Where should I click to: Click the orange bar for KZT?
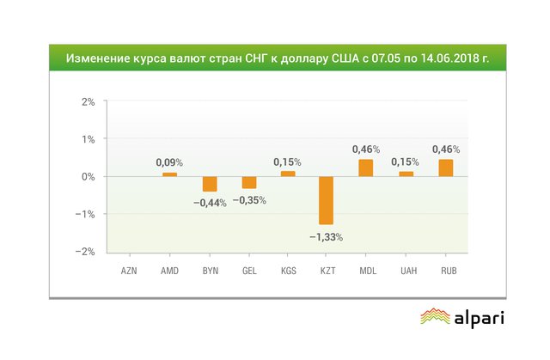pos(327,200)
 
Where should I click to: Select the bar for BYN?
pos(209,184)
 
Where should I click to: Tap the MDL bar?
pos(366,168)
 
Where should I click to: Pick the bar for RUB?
pos(445,168)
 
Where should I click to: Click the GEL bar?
pos(249,182)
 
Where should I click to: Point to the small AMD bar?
pos(170,174)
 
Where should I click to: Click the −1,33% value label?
pos(327,236)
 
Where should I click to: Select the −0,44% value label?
pos(209,204)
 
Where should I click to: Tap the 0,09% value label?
pos(169,162)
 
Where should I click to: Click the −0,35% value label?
pos(249,200)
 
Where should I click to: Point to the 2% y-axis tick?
pos(89,101)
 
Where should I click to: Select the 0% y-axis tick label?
pos(89,176)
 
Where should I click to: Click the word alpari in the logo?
pos(479,318)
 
